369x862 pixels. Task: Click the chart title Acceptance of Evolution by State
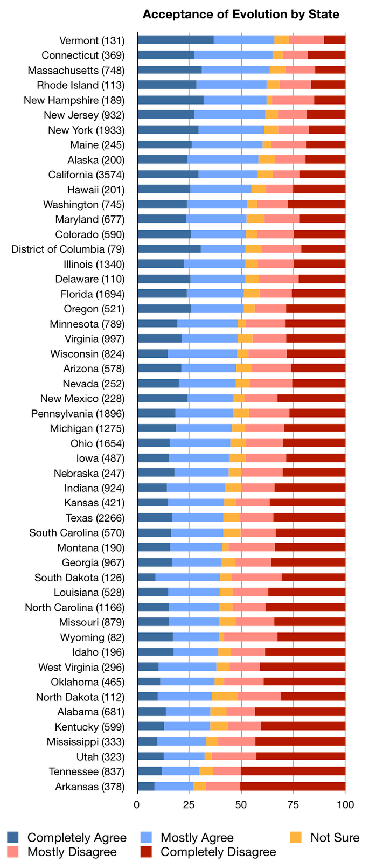(x=241, y=14)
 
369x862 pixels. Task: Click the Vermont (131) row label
(x=92, y=40)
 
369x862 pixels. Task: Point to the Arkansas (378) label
(x=89, y=787)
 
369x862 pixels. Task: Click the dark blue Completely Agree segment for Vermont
(x=175, y=40)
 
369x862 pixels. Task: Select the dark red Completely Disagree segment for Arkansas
(x=293, y=786)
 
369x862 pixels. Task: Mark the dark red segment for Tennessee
(x=293, y=771)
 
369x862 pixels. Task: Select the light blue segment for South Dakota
(x=188, y=577)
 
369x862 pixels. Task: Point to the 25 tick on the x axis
(x=189, y=804)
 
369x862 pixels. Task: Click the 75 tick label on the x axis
(x=293, y=804)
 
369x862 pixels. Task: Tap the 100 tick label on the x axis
(x=345, y=804)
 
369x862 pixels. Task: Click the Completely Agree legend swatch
(x=13, y=837)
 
